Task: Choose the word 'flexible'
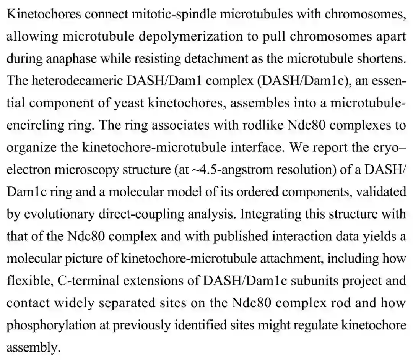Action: (x=28, y=280)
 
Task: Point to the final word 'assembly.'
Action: (x=34, y=347)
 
